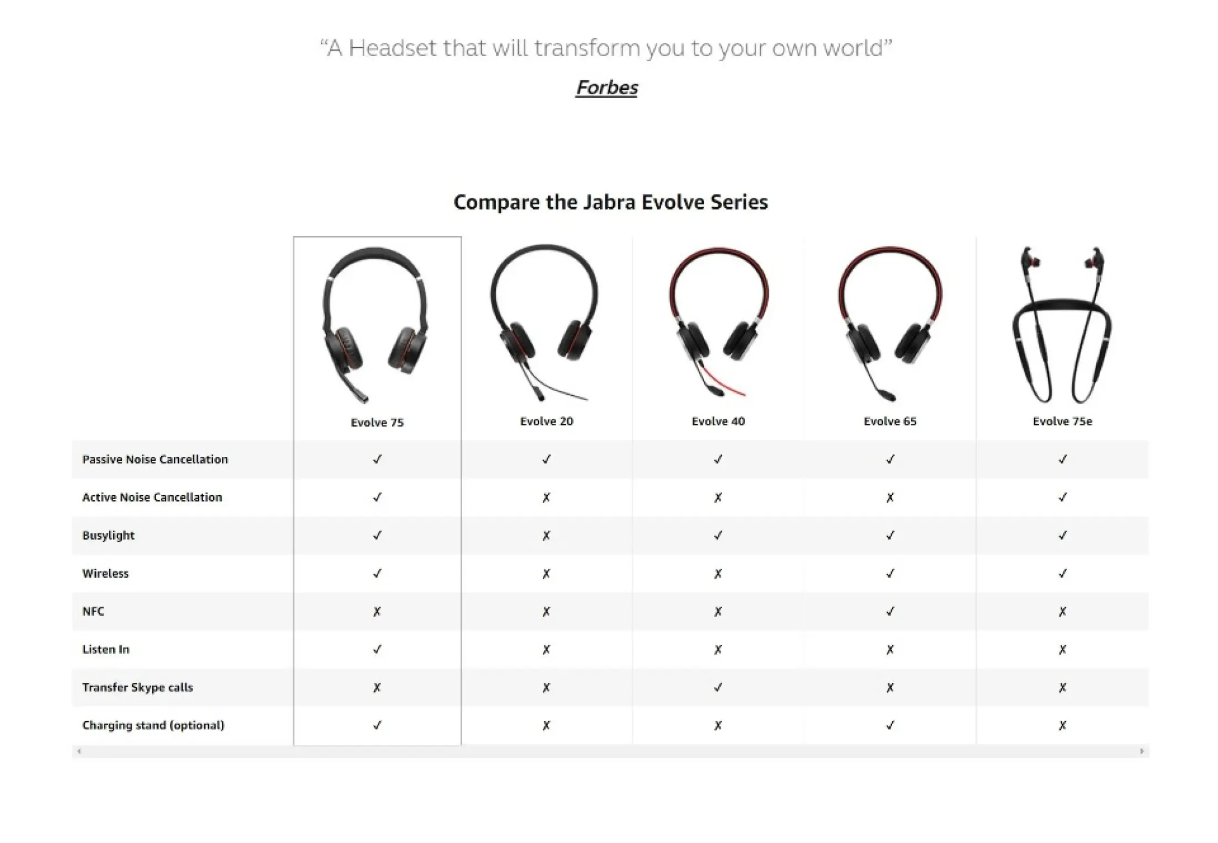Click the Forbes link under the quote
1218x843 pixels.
[607, 88]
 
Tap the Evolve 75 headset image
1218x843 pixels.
[375, 324]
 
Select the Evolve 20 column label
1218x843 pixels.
[546, 421]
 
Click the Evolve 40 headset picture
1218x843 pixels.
[718, 322]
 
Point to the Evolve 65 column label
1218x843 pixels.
[890, 421]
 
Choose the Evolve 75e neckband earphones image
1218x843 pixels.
[1062, 325]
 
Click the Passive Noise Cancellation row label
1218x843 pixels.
[155, 459]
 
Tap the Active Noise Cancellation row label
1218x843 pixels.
[152, 497]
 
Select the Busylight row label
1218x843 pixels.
[109, 536]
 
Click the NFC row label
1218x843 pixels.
[93, 611]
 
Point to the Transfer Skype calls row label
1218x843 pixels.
[138, 687]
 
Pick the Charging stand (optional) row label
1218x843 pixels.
[153, 726]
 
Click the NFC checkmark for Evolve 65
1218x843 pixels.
[890, 611]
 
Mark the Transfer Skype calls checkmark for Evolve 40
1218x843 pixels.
[718, 687]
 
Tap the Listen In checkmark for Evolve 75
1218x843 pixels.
[377, 649]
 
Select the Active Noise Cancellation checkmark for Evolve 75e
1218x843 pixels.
[1062, 497]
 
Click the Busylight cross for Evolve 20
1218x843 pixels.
[546, 536]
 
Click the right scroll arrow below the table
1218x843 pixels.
[1142, 751]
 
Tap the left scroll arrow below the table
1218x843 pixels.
[79, 751]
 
